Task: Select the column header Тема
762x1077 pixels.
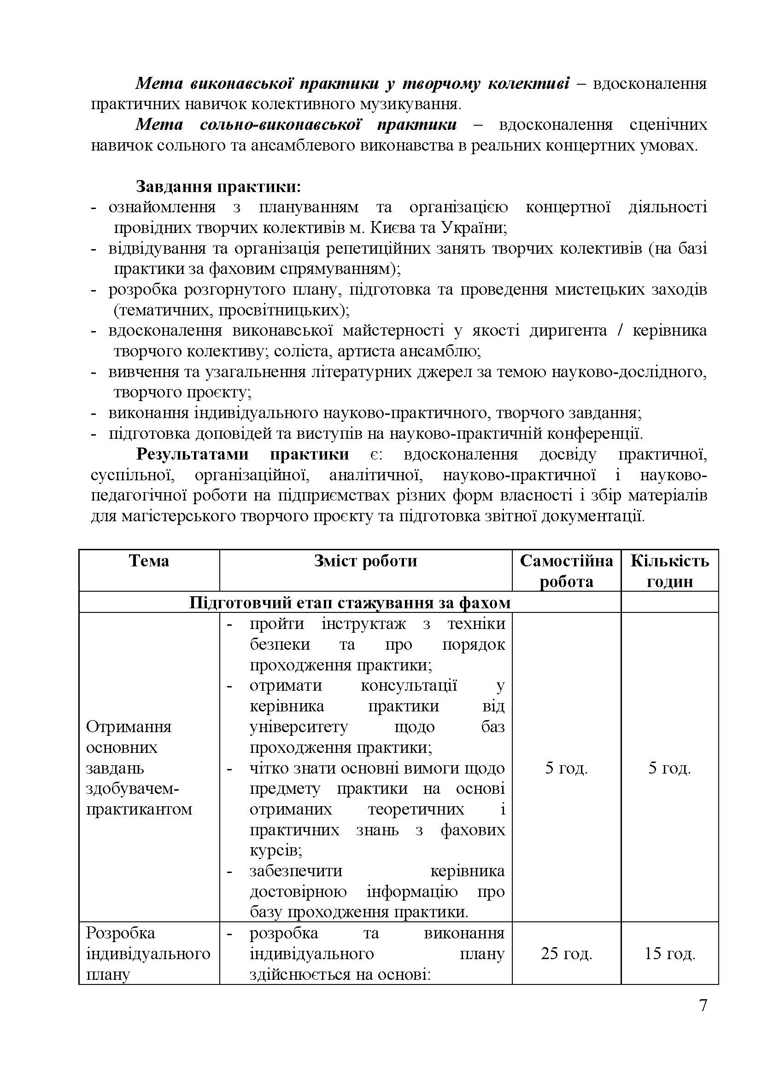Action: [149, 561]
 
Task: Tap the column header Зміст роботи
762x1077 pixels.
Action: [365, 561]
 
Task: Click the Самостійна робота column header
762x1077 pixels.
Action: [566, 571]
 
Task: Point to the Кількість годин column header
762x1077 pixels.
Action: [669, 571]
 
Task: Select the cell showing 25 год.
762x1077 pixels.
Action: [566, 953]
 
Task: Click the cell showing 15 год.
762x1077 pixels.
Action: [669, 953]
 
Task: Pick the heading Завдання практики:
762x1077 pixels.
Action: [218, 186]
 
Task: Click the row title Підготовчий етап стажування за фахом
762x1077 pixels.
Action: [350, 602]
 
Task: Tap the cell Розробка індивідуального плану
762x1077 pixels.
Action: [148, 953]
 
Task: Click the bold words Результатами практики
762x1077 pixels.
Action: [243, 454]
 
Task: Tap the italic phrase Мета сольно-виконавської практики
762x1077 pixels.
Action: [296, 125]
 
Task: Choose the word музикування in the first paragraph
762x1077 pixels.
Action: [413, 104]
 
